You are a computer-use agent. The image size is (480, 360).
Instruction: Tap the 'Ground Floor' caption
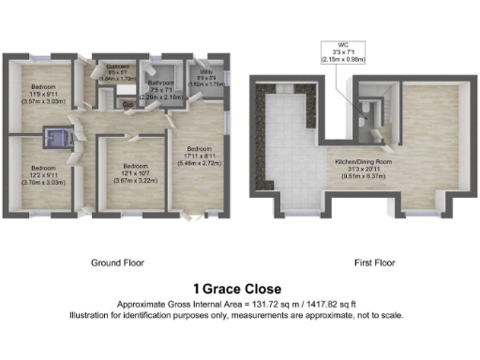click(x=118, y=263)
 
